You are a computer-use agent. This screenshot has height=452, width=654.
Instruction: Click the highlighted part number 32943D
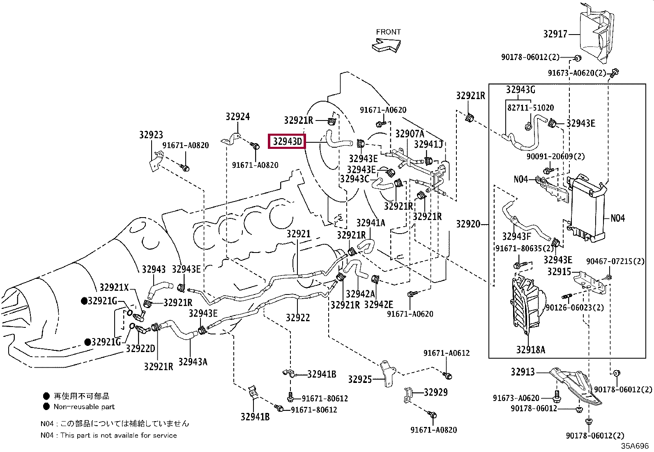[x=287, y=141]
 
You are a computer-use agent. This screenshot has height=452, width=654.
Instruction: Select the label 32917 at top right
[x=555, y=34]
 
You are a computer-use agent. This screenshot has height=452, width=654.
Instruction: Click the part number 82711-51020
[x=530, y=108]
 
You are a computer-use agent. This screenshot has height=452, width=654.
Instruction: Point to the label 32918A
[x=530, y=350]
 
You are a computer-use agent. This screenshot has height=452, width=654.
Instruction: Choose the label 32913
[x=523, y=372]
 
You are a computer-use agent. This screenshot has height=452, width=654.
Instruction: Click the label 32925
[x=360, y=380]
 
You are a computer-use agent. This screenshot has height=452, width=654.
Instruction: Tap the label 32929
[x=435, y=392]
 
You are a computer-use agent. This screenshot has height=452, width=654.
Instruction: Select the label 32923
[x=151, y=135]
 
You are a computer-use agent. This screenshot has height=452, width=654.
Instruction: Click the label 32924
[x=238, y=117]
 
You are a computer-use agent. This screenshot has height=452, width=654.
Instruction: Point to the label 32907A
[x=410, y=134]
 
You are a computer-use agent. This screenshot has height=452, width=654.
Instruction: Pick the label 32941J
[x=428, y=144]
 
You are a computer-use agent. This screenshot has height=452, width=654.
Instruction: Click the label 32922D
[x=140, y=348]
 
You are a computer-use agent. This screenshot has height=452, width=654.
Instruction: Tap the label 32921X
[x=114, y=287]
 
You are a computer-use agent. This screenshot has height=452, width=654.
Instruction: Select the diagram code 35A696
[x=635, y=446]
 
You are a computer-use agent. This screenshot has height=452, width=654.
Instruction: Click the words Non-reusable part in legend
[x=84, y=407]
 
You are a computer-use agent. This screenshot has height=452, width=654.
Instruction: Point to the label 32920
[x=468, y=224]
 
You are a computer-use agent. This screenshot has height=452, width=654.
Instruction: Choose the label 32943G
[x=520, y=90]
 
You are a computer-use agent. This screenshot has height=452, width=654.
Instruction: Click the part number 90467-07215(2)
[x=615, y=261]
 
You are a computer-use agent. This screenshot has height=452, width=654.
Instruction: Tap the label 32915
[x=559, y=271]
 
